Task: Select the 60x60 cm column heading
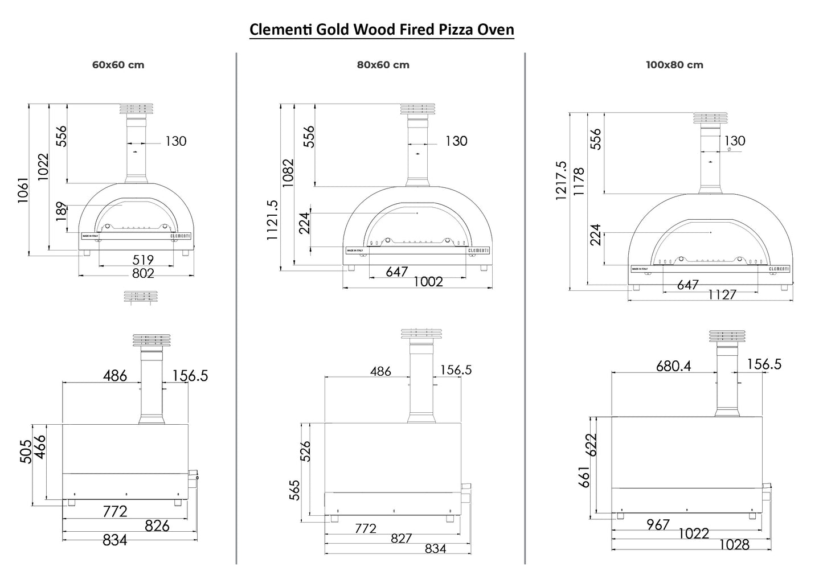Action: [x=118, y=65]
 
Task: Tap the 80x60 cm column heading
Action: [x=383, y=65]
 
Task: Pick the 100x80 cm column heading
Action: [x=674, y=65]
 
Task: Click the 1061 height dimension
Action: [x=22, y=192]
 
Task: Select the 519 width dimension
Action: [x=143, y=260]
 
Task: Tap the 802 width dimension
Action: [x=143, y=274]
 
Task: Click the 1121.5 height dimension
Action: [x=272, y=219]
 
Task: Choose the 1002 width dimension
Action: [x=428, y=282]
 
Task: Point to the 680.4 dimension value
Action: [x=674, y=366]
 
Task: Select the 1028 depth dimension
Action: [x=734, y=545]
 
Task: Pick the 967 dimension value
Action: [x=658, y=524]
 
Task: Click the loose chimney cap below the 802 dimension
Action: [x=140, y=297]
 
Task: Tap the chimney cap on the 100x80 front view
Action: [x=710, y=118]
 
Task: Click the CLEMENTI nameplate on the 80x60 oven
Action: [x=478, y=251]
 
